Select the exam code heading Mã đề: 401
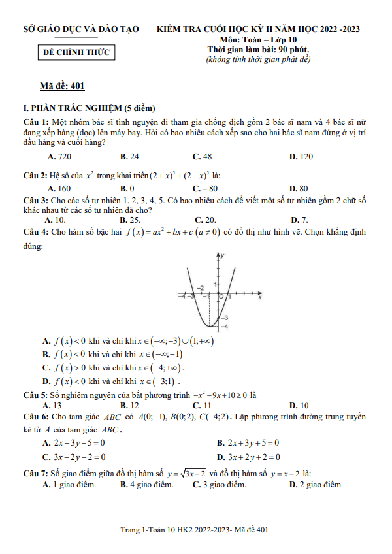click(62, 86)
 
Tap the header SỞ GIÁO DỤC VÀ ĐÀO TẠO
click(80, 29)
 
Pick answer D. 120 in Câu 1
click(301, 157)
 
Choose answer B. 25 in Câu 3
click(130, 220)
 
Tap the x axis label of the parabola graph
click(259, 297)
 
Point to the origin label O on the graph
click(221, 298)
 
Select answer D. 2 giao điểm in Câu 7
click(316, 485)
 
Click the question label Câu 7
click(35, 473)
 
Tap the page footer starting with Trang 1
click(195, 530)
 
